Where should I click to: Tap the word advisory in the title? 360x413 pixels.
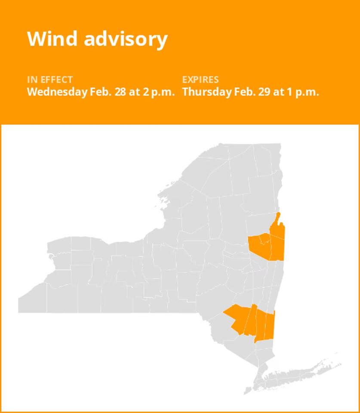[x=125, y=40]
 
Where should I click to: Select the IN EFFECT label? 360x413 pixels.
[x=50, y=80]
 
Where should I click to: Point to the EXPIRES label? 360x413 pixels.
[x=200, y=80]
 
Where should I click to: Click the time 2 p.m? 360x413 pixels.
[x=156, y=92]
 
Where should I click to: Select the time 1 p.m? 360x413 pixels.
[x=300, y=92]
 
